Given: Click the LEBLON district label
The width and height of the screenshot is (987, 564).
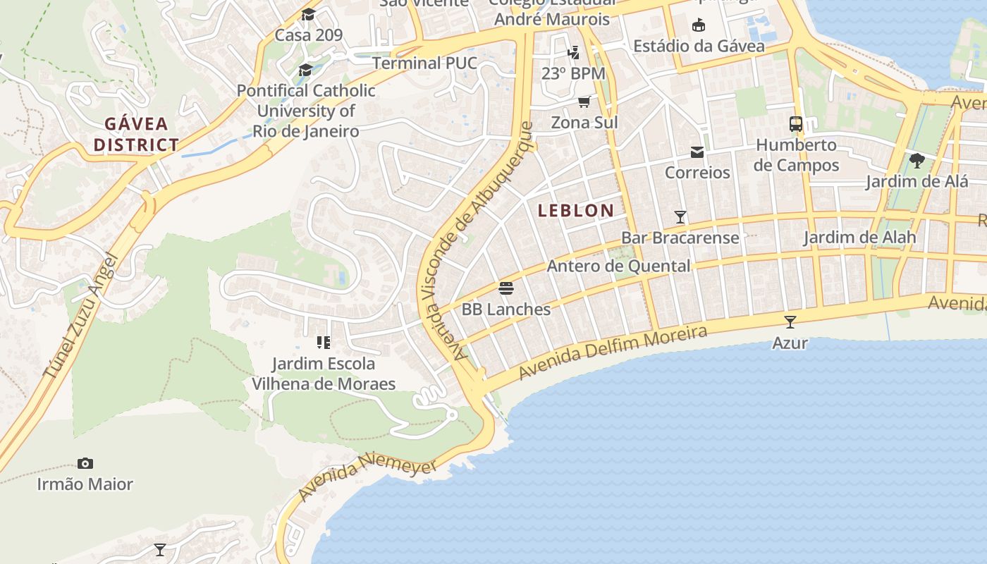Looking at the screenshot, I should coord(576,210).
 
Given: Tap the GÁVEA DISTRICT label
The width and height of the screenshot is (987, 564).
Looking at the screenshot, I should coord(137,135).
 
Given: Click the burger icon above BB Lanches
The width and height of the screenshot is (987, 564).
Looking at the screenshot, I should coord(505,288).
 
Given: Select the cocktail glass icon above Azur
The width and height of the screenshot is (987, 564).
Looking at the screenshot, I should coord(790,322).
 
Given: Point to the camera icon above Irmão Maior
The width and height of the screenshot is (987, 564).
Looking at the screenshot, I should coord(85,463).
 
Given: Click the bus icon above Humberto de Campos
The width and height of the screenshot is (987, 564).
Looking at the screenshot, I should coord(796,124).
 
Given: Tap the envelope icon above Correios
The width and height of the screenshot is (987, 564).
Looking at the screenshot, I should coord(697,152).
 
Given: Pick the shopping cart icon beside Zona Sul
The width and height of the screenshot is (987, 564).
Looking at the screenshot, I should coord(584,102).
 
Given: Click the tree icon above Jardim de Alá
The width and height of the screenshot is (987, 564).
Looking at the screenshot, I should coord(916,161).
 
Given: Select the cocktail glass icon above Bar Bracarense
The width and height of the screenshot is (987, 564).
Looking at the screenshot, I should coord(680,217).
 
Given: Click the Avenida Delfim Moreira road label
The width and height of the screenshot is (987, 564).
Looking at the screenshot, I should coord(613,352).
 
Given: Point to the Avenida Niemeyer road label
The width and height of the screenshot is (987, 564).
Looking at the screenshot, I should coord(367,477).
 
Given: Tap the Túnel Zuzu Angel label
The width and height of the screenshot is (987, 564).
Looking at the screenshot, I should coord(78,317).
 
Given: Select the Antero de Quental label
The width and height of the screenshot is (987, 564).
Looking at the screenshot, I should coord(618,266).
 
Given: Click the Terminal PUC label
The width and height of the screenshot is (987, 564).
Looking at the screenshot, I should coord(424,63).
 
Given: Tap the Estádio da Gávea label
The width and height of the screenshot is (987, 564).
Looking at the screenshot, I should coord(699,46).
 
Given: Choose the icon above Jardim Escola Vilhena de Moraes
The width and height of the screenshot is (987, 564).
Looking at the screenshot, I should coord(324,343).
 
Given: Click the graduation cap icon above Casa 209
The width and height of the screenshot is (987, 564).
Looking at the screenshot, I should coord(308,15).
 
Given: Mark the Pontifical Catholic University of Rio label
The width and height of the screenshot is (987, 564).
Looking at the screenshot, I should coord(306,111).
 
